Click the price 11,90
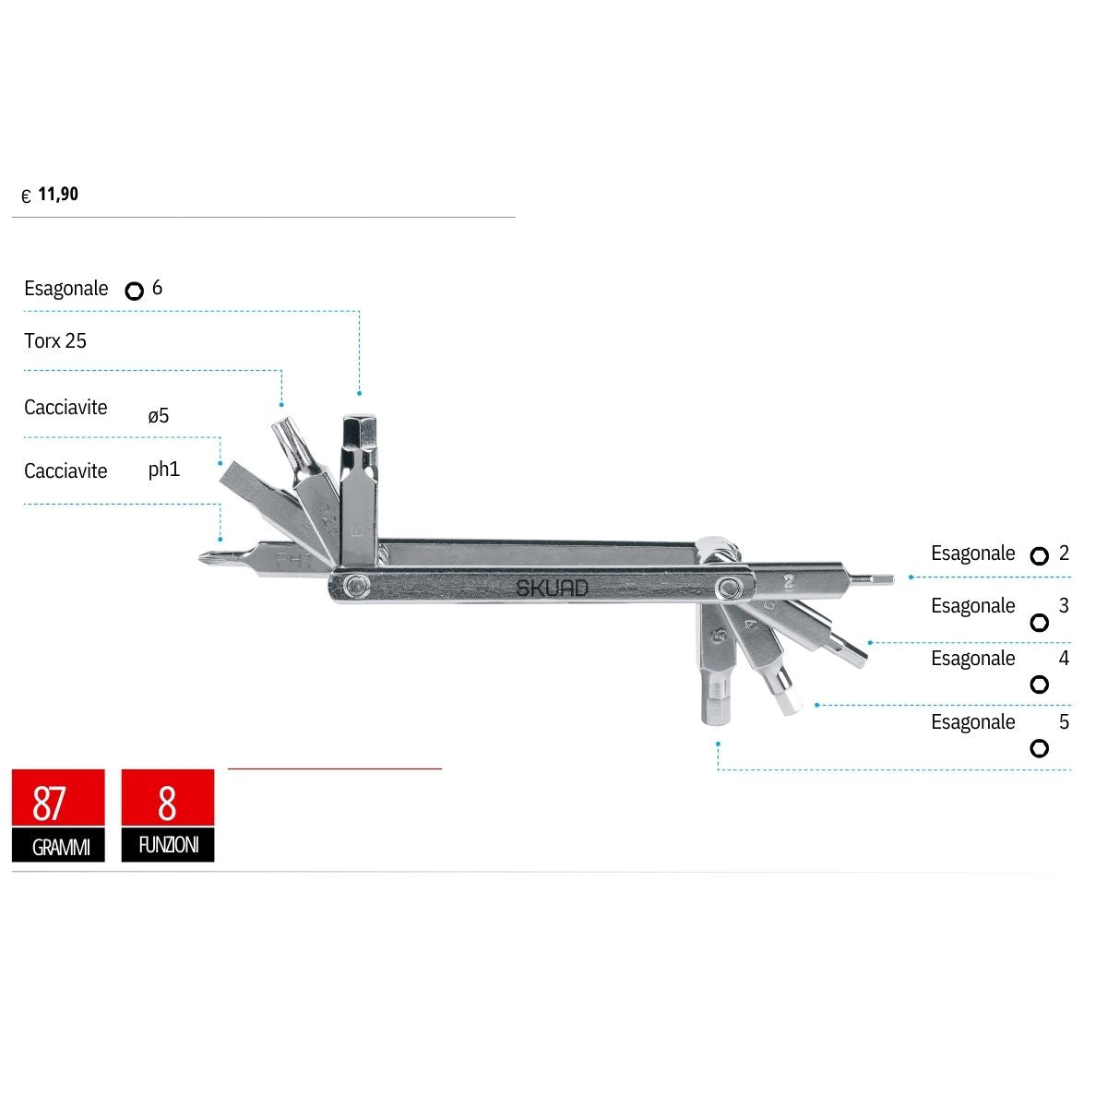pyautogui.click(x=58, y=194)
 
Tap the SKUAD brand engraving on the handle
pyautogui.click(x=552, y=587)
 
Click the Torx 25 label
pyautogui.click(x=55, y=340)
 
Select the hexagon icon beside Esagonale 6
pyautogui.click(x=135, y=291)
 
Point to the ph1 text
pyautogui.click(x=163, y=470)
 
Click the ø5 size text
pyautogui.click(x=158, y=415)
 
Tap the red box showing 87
pyautogui.click(x=58, y=798)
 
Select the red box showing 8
pyautogui.click(x=168, y=798)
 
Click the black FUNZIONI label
pyautogui.click(x=168, y=844)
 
